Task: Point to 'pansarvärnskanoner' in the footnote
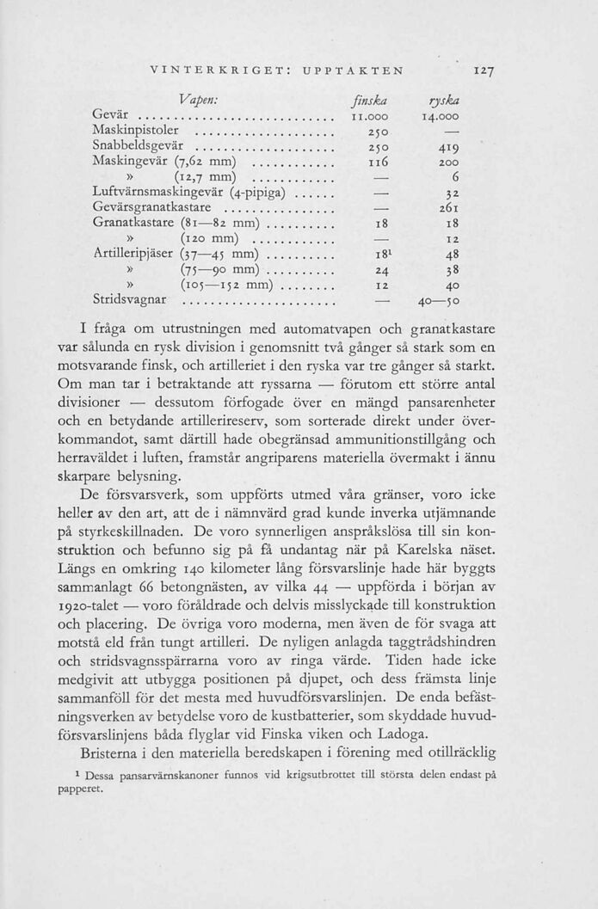[x=172, y=774]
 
